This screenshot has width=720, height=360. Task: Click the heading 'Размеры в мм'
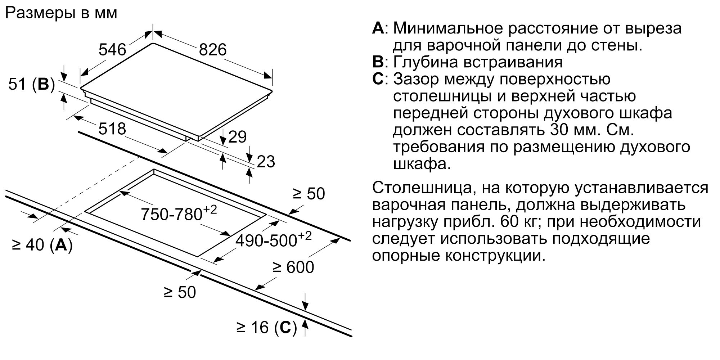62,13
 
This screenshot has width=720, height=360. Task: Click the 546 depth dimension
112,49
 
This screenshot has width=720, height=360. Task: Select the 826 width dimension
213,50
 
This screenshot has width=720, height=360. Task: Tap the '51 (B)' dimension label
31,84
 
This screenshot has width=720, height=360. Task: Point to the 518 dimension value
112,129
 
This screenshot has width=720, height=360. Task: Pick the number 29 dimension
237,137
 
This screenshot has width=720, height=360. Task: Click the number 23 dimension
266,162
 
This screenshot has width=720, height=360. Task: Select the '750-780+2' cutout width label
179,213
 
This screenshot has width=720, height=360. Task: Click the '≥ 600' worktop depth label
293,267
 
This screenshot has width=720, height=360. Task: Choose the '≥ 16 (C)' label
266,327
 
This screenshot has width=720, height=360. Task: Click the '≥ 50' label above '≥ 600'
309,194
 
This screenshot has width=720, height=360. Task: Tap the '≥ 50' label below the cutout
180,292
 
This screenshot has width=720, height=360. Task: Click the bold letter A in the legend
378,28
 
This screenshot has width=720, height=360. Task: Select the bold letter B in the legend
378,62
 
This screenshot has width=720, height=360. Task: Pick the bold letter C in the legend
378,79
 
